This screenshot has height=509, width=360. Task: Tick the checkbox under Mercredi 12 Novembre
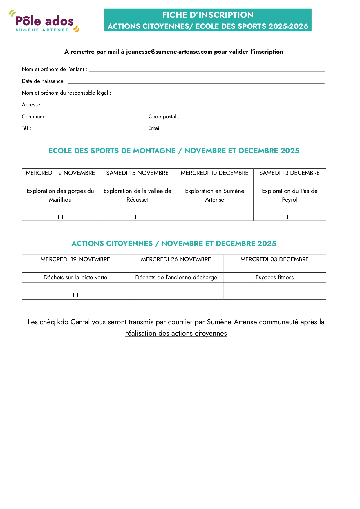(x=60, y=217)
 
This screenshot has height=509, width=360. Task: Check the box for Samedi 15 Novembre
(x=138, y=217)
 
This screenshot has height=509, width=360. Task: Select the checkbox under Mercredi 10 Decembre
(x=215, y=217)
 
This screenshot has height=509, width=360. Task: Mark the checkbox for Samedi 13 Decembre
(x=290, y=217)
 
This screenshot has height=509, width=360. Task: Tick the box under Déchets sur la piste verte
(x=75, y=295)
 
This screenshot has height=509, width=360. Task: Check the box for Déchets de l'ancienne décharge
(x=176, y=295)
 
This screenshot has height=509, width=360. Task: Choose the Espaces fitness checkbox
(x=275, y=295)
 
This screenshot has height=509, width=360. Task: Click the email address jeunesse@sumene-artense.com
(x=169, y=52)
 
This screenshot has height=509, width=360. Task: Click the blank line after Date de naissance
(x=196, y=81)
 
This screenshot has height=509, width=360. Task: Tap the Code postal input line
(x=252, y=117)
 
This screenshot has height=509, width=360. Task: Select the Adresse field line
(x=184, y=105)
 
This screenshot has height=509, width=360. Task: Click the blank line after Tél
(x=90, y=128)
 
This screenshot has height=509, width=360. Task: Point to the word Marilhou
(x=60, y=200)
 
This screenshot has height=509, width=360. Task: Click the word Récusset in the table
(x=138, y=200)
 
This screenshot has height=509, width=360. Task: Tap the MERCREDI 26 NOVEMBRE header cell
(x=176, y=260)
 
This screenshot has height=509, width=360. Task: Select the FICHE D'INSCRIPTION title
(x=208, y=15)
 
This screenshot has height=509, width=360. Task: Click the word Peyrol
(x=290, y=200)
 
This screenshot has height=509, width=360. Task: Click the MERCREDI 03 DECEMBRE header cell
(x=274, y=260)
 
